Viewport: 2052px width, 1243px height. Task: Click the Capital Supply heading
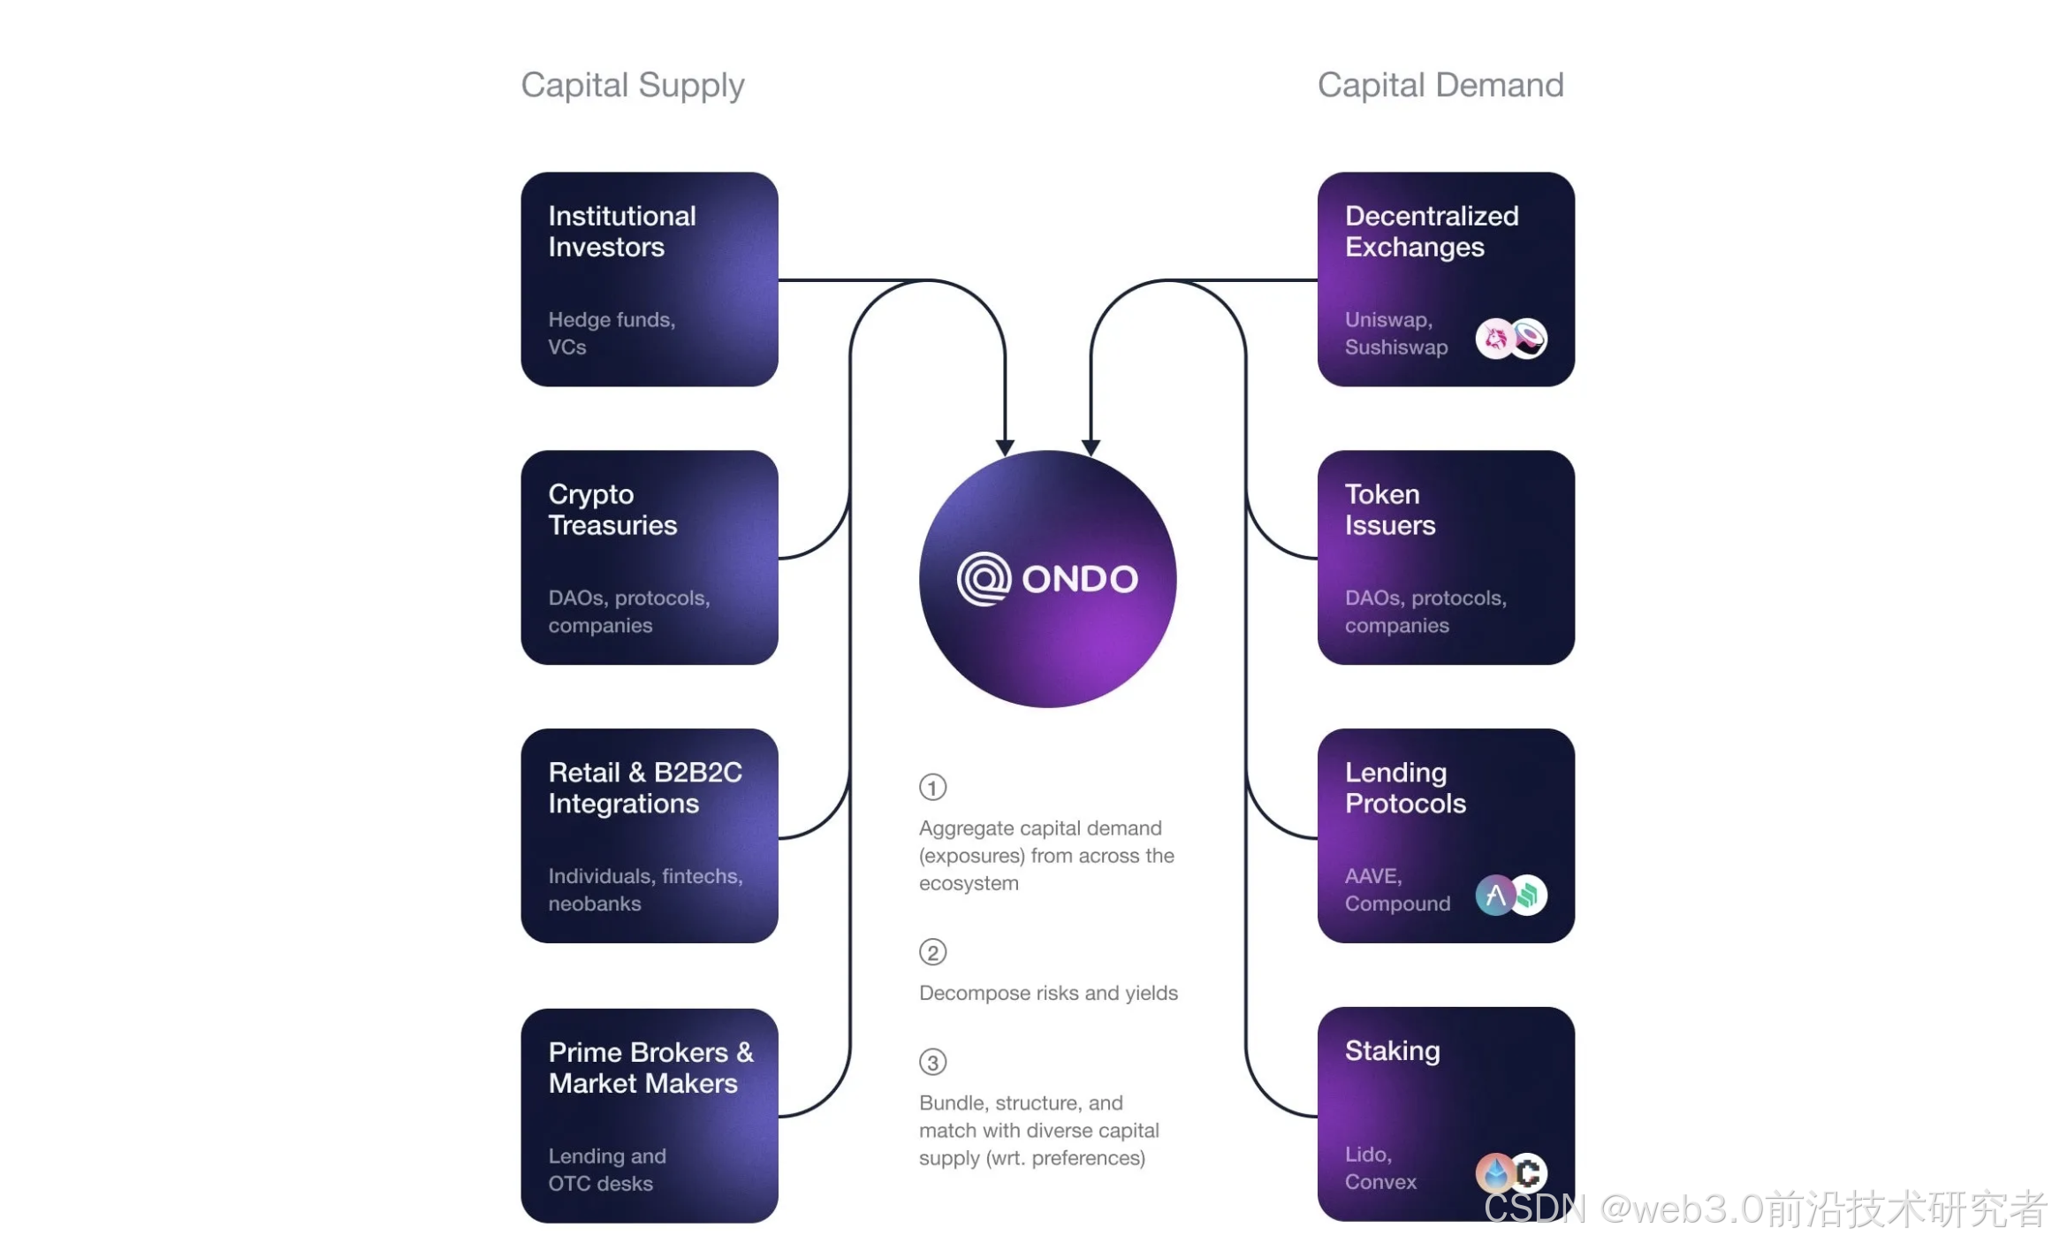pyautogui.click(x=632, y=85)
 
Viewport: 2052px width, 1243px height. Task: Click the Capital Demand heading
pyautogui.click(x=1440, y=85)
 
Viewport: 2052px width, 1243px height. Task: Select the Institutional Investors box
pyautogui.click(x=649, y=278)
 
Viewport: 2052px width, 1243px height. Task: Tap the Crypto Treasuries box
pyautogui.click(x=649, y=557)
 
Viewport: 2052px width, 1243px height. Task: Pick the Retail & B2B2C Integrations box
pyautogui.click(x=649, y=835)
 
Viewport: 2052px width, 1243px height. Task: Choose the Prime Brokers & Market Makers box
pyautogui.click(x=649, y=1115)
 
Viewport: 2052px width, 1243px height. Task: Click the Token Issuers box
pyautogui.click(x=1445, y=557)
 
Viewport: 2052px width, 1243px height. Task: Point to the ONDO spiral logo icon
pyautogui.click(x=983, y=579)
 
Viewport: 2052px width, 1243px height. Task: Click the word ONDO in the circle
pyautogui.click(x=1079, y=579)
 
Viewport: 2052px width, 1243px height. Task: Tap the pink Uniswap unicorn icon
pyautogui.click(x=1495, y=339)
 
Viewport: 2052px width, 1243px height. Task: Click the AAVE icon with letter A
pyautogui.click(x=1495, y=896)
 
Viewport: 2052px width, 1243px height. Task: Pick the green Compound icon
pyautogui.click(x=1529, y=896)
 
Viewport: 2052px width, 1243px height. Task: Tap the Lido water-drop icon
pyautogui.click(x=1495, y=1173)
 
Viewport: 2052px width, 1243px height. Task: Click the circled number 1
pyautogui.click(x=932, y=787)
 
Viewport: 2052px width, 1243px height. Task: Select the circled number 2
pyautogui.click(x=932, y=952)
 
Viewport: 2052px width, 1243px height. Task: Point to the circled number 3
pyautogui.click(x=932, y=1062)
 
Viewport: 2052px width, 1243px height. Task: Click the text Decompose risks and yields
pyautogui.click(x=1048, y=993)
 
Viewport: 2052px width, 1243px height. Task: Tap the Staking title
pyautogui.click(x=1392, y=1050)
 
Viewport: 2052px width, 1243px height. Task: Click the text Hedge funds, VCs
pyautogui.click(x=611, y=333)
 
